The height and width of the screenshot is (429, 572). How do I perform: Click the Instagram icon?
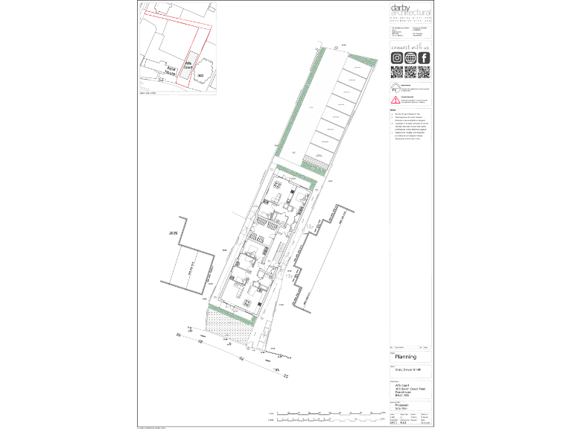pos(397,58)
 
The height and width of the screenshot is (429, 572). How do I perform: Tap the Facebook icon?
pos(424,58)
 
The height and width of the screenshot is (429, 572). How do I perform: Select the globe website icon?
pos(410,58)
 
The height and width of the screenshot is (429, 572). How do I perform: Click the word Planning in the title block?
pos(405,357)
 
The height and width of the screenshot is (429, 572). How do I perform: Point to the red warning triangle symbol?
pos(395,99)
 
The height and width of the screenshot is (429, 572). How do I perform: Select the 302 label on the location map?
pos(200,74)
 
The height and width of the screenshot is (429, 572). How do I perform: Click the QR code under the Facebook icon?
pos(424,72)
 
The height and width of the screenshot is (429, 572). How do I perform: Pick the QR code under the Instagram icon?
pos(397,72)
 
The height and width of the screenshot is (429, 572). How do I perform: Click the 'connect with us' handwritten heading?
pos(410,47)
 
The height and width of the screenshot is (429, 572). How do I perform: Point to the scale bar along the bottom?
pos(328,414)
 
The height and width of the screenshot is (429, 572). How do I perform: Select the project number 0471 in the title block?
pos(394,424)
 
